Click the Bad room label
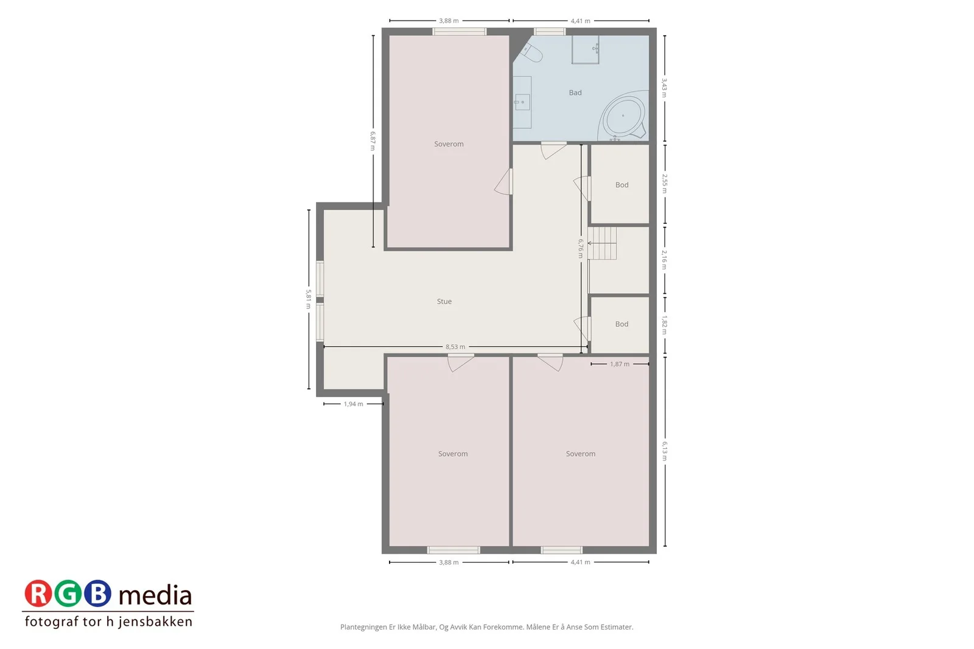[x=575, y=92]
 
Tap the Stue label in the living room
[x=444, y=302]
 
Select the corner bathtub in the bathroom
[x=623, y=116]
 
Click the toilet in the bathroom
[x=531, y=53]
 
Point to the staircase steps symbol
[x=602, y=243]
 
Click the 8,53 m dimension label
[x=455, y=347]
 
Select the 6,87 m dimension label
[x=373, y=141]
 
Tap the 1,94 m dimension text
[x=353, y=404]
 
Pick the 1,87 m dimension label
[x=619, y=364]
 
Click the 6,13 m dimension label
[x=664, y=451]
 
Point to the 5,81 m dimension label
[x=308, y=299]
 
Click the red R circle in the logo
[x=38, y=594]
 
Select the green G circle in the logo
[x=68, y=594]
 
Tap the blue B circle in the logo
[x=97, y=594]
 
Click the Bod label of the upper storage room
[x=622, y=185]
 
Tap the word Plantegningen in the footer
[x=363, y=627]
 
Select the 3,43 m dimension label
[x=664, y=88]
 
